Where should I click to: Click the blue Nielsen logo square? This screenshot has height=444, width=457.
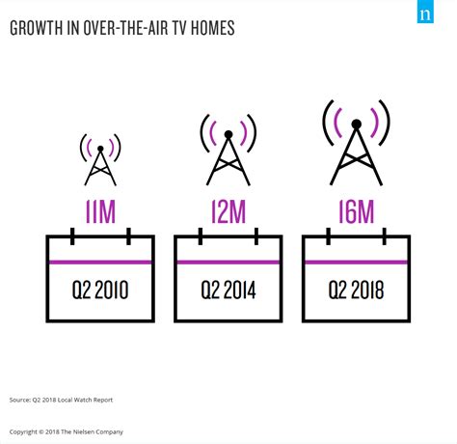point(425,12)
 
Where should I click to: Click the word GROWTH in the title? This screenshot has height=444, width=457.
point(36,28)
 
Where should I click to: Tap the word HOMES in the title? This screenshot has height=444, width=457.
point(213,28)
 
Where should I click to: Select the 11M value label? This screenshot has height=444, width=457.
point(100,211)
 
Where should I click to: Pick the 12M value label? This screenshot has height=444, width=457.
point(228,211)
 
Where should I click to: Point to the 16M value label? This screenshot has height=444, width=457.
point(357,211)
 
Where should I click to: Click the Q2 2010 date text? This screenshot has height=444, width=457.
point(100,290)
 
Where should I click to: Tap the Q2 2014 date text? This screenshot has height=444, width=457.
point(228,290)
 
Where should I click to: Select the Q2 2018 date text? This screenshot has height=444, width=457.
point(356,290)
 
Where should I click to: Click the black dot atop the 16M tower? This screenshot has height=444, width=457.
point(357,124)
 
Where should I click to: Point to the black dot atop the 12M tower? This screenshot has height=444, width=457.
point(228,134)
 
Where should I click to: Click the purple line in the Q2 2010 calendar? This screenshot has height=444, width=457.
point(100,263)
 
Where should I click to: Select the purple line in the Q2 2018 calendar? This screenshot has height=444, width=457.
point(356,263)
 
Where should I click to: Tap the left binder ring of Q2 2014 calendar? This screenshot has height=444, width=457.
point(201,236)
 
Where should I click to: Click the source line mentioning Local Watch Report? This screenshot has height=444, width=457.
point(61,400)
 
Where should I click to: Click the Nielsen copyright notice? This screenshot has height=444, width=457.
point(67,431)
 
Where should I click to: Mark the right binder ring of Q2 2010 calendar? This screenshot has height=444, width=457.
point(128,236)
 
